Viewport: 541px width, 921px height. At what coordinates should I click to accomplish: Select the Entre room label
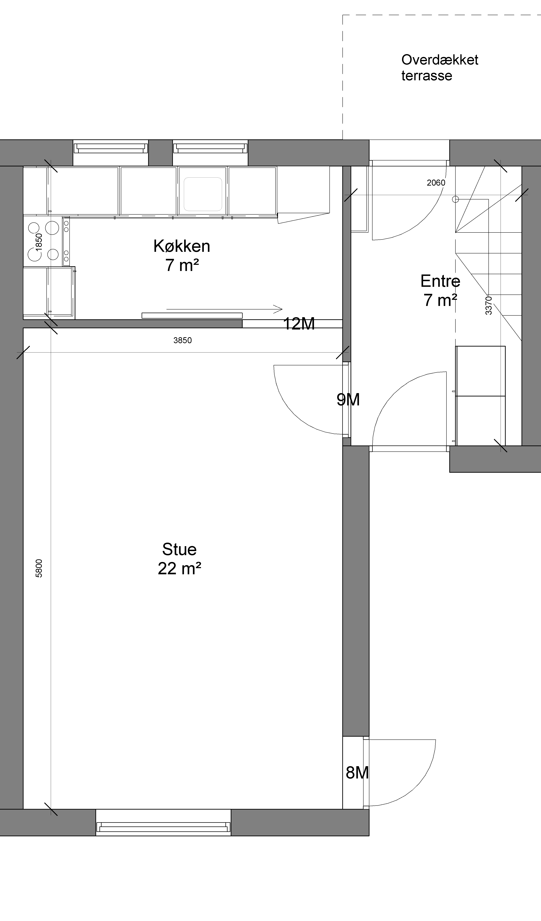[x=440, y=281]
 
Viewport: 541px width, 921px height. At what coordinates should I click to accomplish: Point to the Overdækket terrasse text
[x=440, y=68]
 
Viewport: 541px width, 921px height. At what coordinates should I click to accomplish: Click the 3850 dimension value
[x=182, y=340]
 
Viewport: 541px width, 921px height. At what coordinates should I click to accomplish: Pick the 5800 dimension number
[x=39, y=568]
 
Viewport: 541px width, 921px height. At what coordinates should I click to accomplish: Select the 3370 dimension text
[x=488, y=306]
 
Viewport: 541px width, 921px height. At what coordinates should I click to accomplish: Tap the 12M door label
[x=299, y=324]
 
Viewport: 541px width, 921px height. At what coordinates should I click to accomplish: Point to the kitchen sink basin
[x=203, y=194]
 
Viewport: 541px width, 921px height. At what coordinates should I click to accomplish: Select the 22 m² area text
[x=179, y=569]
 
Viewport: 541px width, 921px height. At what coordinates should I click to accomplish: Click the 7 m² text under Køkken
[x=182, y=265]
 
